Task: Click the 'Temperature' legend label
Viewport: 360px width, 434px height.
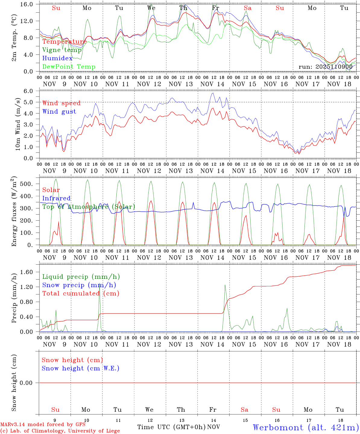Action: (64, 42)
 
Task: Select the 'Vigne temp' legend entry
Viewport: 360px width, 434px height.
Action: (62, 50)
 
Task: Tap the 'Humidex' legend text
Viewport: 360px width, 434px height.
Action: (57, 58)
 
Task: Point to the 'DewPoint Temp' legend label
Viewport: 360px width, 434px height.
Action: (69, 67)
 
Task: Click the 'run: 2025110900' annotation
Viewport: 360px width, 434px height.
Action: (325, 67)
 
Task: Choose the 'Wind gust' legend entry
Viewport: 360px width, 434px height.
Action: (59, 112)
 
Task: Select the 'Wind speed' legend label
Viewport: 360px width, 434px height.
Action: (62, 103)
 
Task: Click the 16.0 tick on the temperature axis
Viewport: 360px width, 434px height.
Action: (28, 4)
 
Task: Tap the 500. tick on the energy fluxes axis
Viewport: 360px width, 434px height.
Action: (28, 184)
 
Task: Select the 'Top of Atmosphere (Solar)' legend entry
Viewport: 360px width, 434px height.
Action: (89, 207)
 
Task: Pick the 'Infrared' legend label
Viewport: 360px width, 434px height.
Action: (56, 198)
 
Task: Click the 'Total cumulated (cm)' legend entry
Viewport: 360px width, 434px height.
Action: (81, 294)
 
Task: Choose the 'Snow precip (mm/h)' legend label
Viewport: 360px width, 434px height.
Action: (79, 285)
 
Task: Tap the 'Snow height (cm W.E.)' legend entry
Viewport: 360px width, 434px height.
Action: (81, 368)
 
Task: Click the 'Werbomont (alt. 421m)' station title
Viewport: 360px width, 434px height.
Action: (306, 427)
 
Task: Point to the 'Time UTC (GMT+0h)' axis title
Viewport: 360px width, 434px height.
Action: (171, 427)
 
